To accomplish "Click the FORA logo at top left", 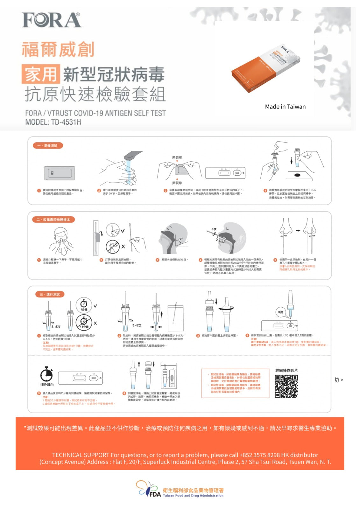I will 51,20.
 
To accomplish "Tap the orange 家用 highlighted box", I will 41,74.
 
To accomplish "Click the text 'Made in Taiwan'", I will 285,107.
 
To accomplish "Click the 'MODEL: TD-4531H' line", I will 53,122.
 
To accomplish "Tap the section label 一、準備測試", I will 48,145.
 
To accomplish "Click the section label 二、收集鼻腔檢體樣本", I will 53,220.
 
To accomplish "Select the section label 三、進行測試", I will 50,294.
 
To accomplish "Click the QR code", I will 286,386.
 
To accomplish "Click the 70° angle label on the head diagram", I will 180,239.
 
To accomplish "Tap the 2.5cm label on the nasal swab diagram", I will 220,241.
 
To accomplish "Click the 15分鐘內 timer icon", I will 46,375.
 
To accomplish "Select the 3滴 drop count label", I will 280,312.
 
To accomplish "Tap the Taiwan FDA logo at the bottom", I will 180,489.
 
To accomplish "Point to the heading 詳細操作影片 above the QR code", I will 286,370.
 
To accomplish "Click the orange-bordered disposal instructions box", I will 235,383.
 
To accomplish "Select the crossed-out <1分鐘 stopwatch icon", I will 84,322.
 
